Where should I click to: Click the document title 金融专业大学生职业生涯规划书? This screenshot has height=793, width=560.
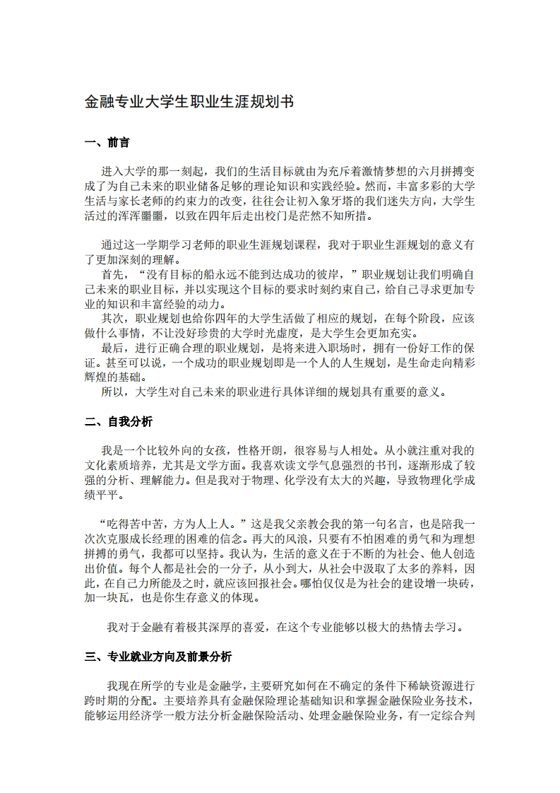coord(189,102)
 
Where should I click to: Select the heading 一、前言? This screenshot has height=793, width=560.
coord(107,143)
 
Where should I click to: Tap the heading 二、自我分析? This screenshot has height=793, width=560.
coord(118,422)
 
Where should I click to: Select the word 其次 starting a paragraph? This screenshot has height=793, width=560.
coord(112,318)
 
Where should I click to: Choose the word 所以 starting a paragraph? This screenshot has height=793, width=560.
coord(112,392)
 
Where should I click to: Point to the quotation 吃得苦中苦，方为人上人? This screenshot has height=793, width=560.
coord(174,524)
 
